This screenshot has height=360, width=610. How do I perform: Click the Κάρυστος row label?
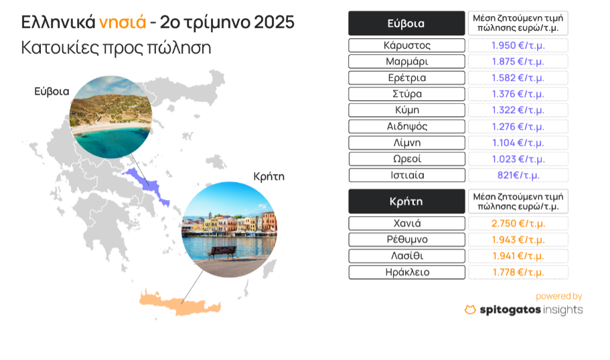pyautogui.click(x=406, y=45)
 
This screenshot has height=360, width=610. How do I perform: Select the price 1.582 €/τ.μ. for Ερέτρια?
pyautogui.click(x=518, y=78)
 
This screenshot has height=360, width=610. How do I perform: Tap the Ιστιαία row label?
pyautogui.click(x=406, y=175)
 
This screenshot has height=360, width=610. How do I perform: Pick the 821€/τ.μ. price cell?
pyautogui.click(x=518, y=175)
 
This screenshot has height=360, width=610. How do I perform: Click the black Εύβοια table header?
pyautogui.click(x=406, y=23)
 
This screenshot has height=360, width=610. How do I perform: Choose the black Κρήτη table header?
pyautogui.click(x=406, y=201)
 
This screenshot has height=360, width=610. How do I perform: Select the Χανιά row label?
pyautogui.click(x=406, y=223)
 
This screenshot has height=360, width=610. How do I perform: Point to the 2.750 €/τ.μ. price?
pyautogui.click(x=518, y=223)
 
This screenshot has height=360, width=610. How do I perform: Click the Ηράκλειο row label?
pyautogui.click(x=406, y=272)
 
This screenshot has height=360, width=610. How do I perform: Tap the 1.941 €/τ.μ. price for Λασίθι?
pyautogui.click(x=518, y=256)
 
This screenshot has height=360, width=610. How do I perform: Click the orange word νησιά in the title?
pyautogui.click(x=123, y=23)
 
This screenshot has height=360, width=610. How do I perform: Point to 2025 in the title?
pyautogui.click(x=274, y=22)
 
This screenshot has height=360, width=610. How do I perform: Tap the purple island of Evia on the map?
pyautogui.click(x=150, y=185)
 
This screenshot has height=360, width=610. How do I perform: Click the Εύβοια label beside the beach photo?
pyautogui.click(x=52, y=92)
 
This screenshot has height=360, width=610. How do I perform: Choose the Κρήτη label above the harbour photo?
pyautogui.click(x=269, y=177)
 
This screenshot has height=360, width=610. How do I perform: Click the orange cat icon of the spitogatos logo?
pyautogui.click(x=470, y=309)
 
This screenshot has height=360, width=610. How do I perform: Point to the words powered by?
pyautogui.click(x=558, y=296)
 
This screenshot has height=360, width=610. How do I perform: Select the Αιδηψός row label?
pyautogui.click(x=406, y=126)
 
